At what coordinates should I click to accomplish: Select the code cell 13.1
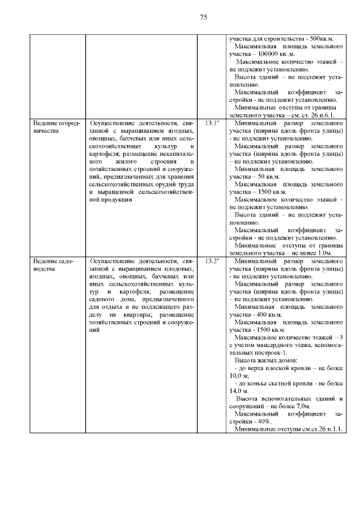coord(211,122)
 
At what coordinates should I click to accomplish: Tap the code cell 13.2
coord(211,262)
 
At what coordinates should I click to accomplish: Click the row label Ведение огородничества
coord(56,126)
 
